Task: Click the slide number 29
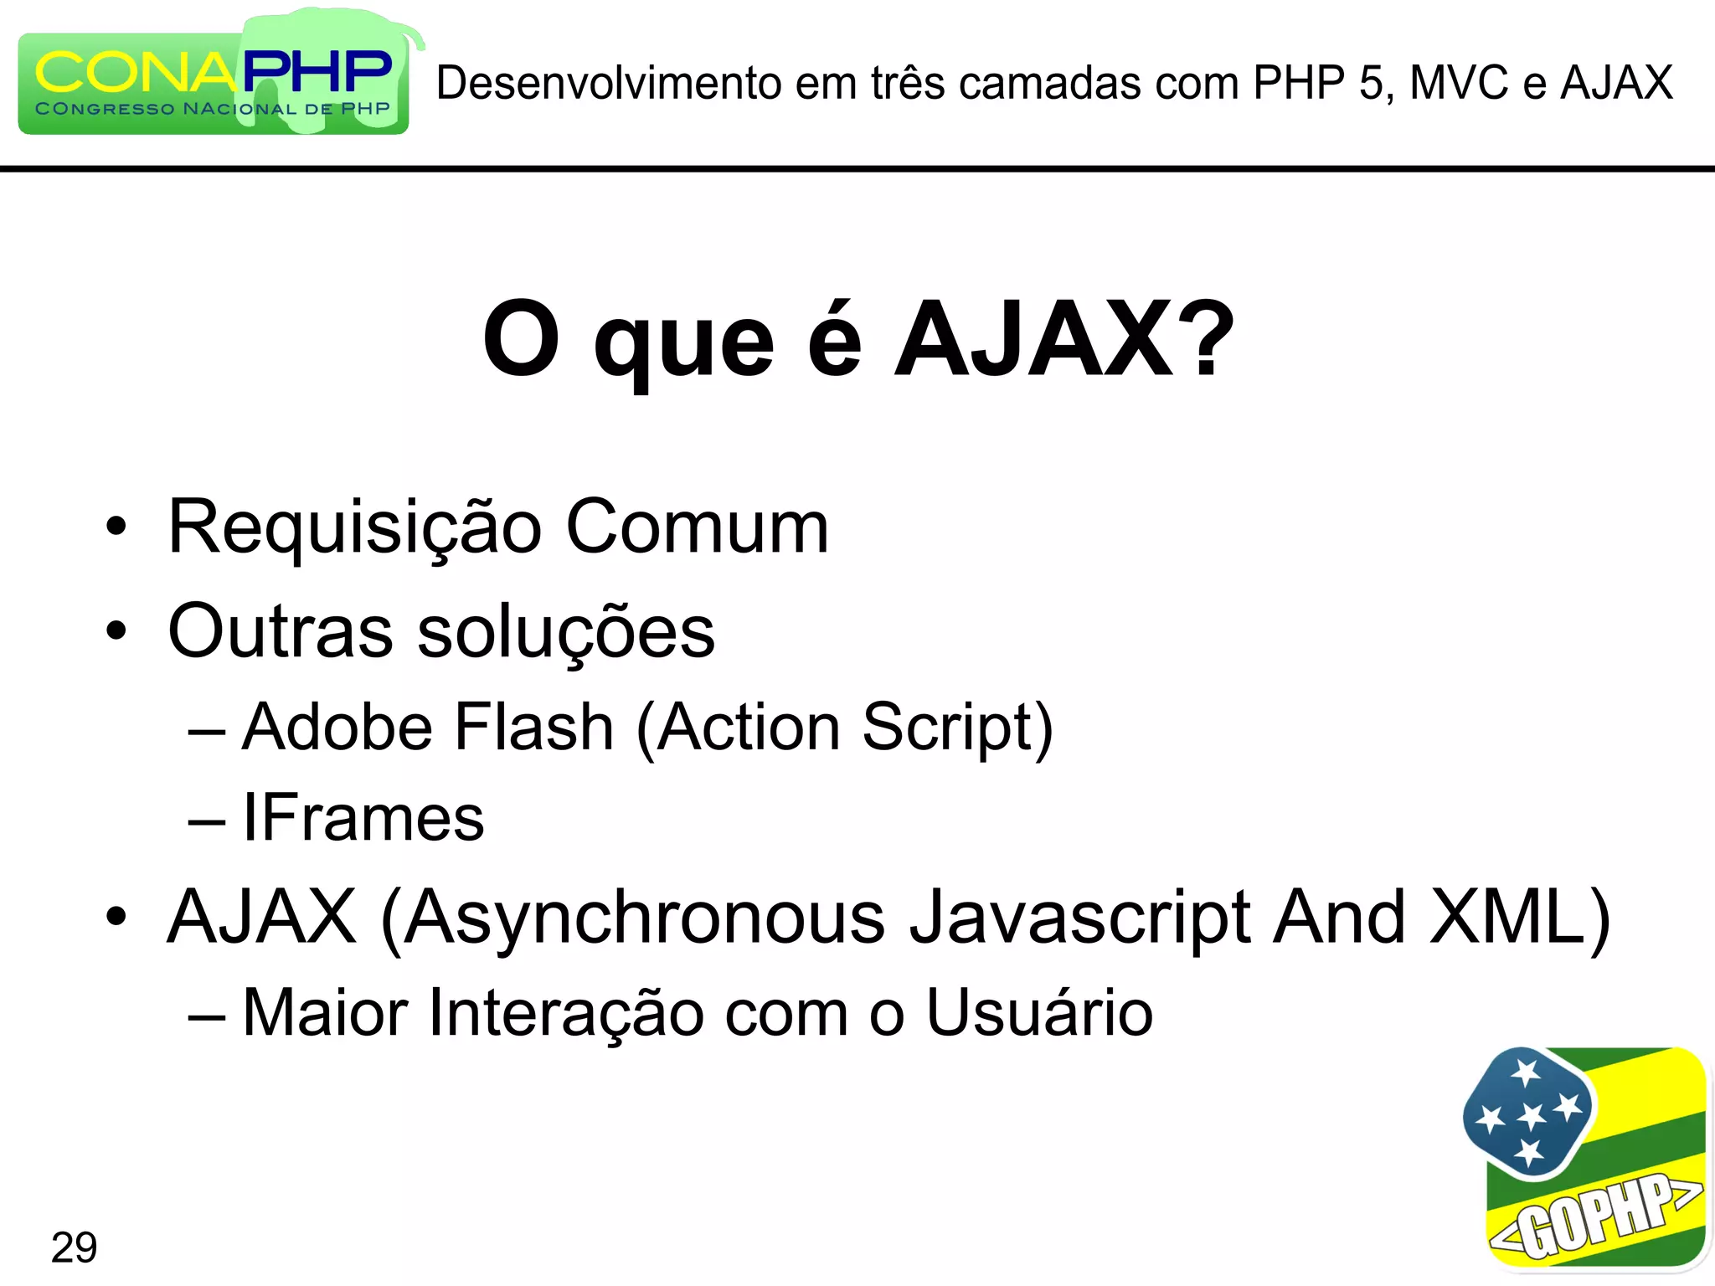coord(74,1247)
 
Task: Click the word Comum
coord(697,527)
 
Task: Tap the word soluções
coord(566,632)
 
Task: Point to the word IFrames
coord(363,818)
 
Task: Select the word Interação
coord(566,1014)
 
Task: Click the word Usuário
coord(1039,1012)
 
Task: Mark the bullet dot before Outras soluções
coord(116,632)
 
